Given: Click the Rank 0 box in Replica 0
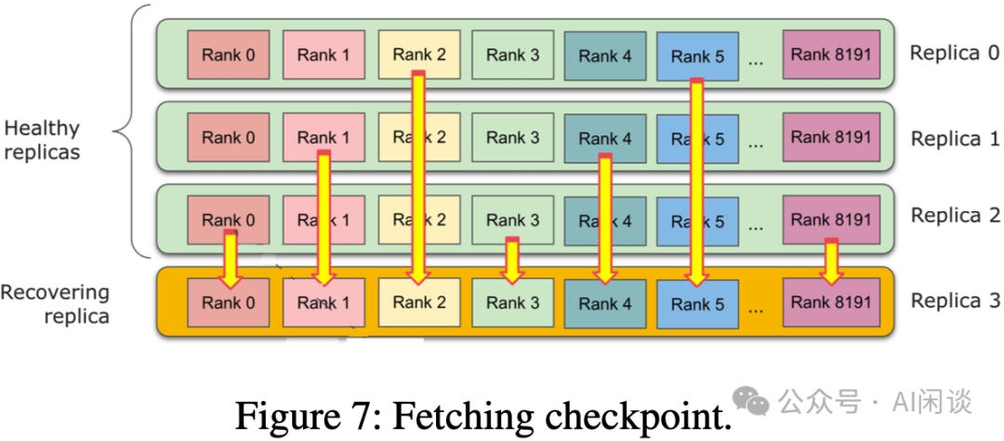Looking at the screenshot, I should click(229, 55).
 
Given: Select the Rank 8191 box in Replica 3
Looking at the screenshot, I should click(831, 302).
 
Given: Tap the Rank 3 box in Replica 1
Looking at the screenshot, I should click(512, 138).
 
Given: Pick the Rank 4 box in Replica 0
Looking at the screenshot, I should click(605, 56).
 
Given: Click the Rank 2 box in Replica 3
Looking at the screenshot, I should click(417, 302).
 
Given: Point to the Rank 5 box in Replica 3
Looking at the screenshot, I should click(697, 303).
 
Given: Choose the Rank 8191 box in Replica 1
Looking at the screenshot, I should click(831, 138).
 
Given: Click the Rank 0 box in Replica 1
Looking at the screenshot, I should click(229, 138).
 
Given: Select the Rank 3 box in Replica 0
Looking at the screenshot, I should click(512, 55).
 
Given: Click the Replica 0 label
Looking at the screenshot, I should click(955, 53).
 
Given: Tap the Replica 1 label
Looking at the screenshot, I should click(955, 139).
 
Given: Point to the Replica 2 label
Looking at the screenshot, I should click(955, 216).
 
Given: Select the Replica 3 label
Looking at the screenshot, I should click(955, 301).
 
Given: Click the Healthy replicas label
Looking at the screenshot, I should click(42, 140).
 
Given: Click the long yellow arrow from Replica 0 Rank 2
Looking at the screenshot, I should click(418, 177).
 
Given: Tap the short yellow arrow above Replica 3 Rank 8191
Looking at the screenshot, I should click(832, 262).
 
